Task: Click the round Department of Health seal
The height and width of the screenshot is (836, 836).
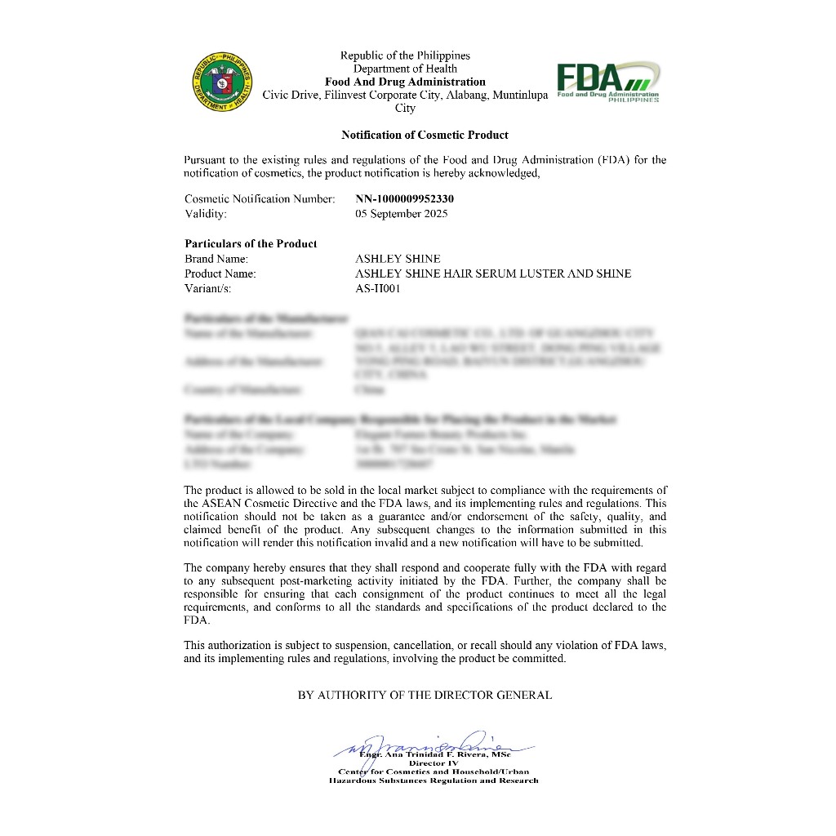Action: [222, 82]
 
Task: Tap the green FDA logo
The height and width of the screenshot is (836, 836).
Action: [607, 82]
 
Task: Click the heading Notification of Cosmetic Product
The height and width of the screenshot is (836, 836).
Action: [425, 135]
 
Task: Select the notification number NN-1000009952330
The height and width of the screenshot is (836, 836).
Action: [404, 198]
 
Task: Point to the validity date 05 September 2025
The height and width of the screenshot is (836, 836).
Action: [401, 214]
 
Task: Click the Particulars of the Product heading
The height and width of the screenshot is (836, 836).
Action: [251, 243]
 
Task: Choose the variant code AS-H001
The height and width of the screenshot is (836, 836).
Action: [378, 288]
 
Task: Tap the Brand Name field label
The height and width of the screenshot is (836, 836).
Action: [216, 259]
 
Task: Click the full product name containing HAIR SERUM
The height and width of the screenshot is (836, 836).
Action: [493, 273]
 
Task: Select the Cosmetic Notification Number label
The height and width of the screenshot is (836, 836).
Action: [260, 198]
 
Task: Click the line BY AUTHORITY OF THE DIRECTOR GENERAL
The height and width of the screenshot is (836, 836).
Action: [425, 695]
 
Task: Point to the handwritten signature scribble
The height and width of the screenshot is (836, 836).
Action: [425, 743]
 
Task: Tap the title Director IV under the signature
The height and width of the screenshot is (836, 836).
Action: [434, 763]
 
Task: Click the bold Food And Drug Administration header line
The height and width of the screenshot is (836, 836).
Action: [405, 82]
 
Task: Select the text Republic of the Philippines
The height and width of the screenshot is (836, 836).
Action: [405, 56]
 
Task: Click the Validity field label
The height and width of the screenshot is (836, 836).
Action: [206, 214]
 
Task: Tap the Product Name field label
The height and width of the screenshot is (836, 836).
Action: [220, 273]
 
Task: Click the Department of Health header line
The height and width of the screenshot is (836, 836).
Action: [405, 69]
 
